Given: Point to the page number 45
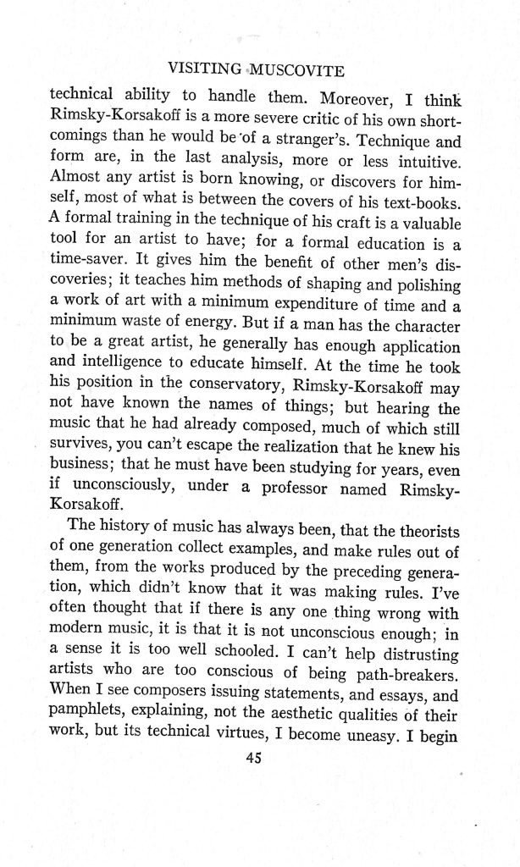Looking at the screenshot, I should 251,759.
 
